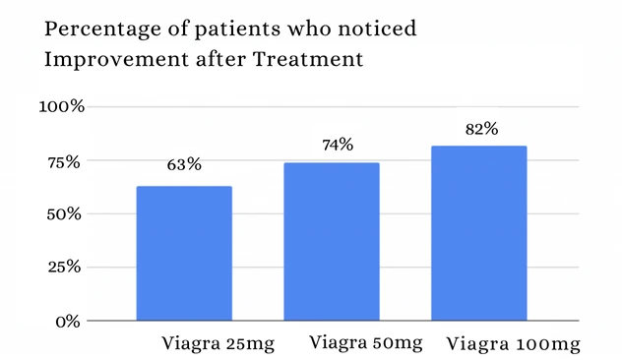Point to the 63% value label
click(183, 164)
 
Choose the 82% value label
click(482, 129)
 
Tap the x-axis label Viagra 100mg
click(513, 344)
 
